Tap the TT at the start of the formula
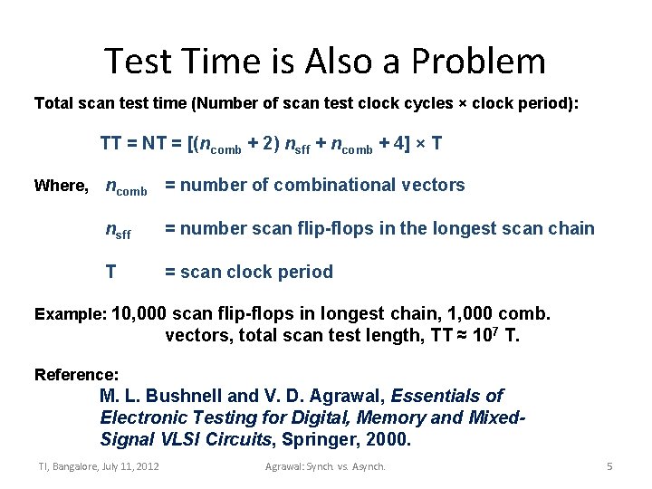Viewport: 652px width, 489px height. (x=111, y=144)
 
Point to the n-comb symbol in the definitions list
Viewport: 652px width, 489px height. (x=126, y=187)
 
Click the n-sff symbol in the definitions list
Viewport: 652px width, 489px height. (x=118, y=230)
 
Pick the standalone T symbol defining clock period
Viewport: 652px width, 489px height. (x=110, y=272)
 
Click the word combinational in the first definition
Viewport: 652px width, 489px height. (x=353, y=186)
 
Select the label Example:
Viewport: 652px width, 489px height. (x=70, y=315)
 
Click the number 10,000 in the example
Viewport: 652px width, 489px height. (x=139, y=314)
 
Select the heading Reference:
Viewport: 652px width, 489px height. (x=76, y=374)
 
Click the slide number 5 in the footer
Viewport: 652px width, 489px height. (x=609, y=466)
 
